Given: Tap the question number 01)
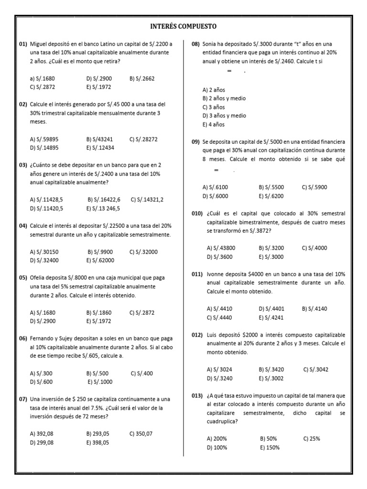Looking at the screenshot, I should [x=23, y=44].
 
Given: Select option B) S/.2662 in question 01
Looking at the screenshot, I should [x=142, y=78].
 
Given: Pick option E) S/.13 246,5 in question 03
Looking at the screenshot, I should [x=103, y=208].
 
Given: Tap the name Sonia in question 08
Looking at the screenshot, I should [x=210, y=44].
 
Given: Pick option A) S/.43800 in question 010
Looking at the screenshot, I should [x=221, y=248].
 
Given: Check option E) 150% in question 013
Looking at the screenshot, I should [x=270, y=447].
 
